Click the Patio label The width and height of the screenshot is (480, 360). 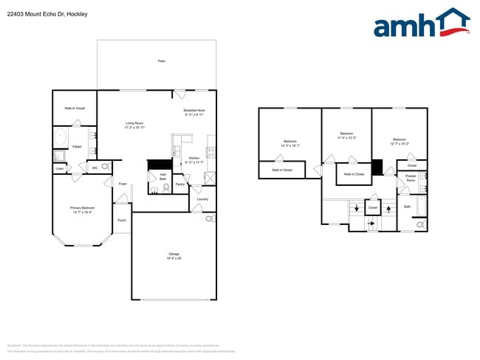coord(161,61)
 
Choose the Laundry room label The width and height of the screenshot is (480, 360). coord(202,198)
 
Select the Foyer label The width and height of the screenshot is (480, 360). coord(123,184)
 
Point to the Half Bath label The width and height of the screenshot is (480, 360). coord(162,176)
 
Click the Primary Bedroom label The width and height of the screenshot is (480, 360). coord(81,210)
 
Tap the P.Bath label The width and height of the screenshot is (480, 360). coord(77,148)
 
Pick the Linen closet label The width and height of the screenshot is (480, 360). coord(59,169)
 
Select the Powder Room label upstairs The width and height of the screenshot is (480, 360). coord(411,179)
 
